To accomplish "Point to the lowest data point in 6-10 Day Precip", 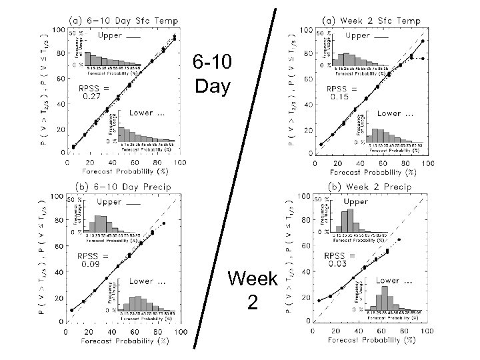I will [72, 310].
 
